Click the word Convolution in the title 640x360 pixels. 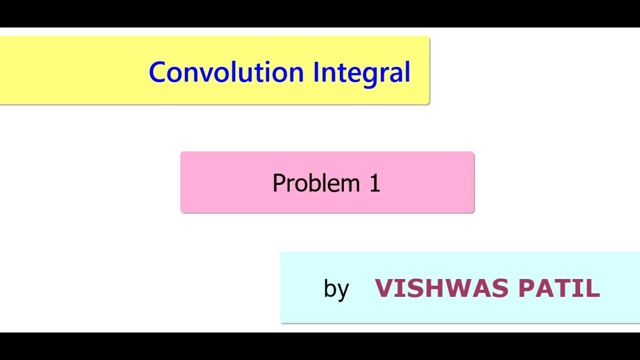click(226, 72)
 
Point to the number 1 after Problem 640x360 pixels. click(375, 183)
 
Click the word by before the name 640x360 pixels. click(336, 289)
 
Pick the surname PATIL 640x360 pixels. click(558, 288)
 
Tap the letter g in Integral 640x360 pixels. click(370, 75)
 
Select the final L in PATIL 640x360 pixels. click(593, 288)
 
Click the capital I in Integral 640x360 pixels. click(316, 72)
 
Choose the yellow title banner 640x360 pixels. click(75, 70)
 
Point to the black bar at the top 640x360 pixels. click(320, 13)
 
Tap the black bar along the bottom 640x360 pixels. click(320, 346)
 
